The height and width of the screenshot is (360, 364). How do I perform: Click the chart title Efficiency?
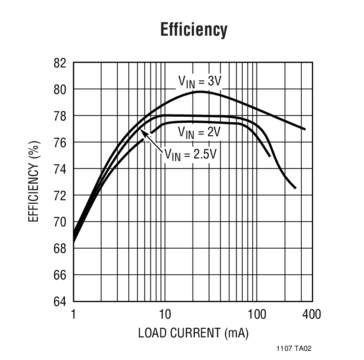194,30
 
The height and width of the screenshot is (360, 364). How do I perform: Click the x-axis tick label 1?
73,314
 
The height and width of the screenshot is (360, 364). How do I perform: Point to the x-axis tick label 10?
164,314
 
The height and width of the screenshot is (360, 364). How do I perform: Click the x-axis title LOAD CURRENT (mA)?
193,333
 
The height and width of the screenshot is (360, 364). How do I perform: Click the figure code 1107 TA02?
294,348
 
